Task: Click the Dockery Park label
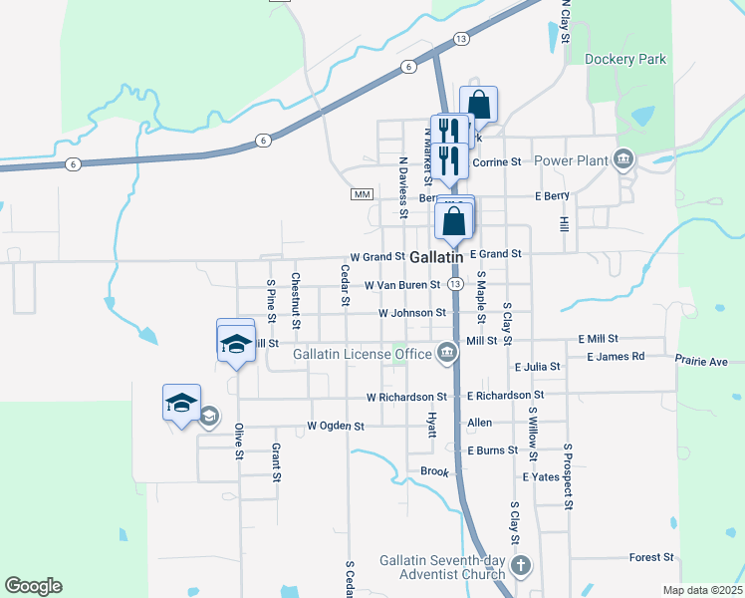[x=624, y=60]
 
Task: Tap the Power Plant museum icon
[x=623, y=159]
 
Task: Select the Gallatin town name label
[x=436, y=257]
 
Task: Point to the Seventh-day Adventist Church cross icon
[x=521, y=567]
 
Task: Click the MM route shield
[x=362, y=193]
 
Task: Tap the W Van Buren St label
[x=401, y=285]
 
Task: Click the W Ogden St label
[x=336, y=426]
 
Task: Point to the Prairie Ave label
[x=701, y=361]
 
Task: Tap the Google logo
[x=33, y=586]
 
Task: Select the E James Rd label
[x=616, y=356]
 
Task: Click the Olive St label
[x=239, y=442]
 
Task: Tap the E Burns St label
[x=492, y=450]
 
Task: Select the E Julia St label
[x=537, y=367]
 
